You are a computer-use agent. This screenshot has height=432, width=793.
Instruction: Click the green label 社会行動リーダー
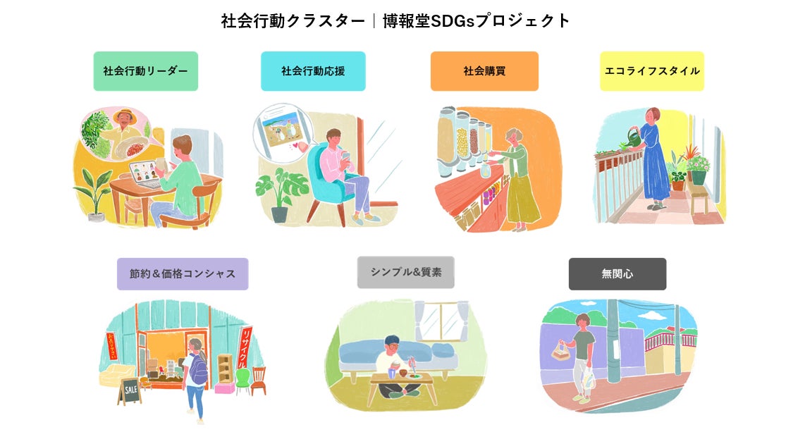pyautogui.click(x=145, y=71)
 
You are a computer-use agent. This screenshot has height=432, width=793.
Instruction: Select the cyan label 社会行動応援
pyautogui.click(x=313, y=71)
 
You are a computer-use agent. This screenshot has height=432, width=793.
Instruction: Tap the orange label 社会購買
pyautogui.click(x=484, y=71)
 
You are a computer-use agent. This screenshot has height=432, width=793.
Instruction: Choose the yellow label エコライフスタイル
pyautogui.click(x=652, y=71)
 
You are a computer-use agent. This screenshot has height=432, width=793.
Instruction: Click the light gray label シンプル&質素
pyautogui.click(x=405, y=272)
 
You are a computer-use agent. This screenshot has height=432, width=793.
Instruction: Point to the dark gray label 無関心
pyautogui.click(x=617, y=274)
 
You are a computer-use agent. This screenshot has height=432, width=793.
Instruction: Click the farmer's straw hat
pyautogui.click(x=126, y=113)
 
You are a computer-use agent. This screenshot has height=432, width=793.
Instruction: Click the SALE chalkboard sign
pyautogui.click(x=130, y=390)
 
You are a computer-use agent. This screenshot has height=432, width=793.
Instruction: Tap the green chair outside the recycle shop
pyautogui.click(x=242, y=380)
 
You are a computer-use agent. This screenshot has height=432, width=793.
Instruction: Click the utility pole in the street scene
pyautogui.click(x=613, y=338)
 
